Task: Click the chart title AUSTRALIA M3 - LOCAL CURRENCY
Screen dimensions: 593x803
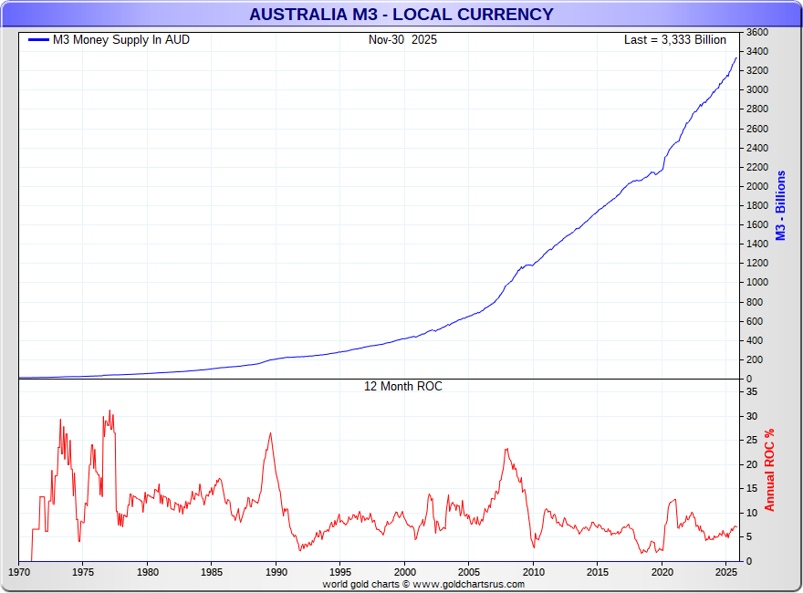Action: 401,15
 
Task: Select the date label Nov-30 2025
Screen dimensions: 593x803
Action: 402,40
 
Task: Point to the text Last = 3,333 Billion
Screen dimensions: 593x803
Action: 674,40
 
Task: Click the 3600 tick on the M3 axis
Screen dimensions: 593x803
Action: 756,32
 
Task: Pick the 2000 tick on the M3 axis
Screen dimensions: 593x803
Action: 756,186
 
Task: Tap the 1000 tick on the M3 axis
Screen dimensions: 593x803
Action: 756,283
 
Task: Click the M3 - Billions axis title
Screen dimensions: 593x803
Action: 780,205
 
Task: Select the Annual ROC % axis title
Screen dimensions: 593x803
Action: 769,469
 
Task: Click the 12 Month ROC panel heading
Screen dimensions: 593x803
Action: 402,387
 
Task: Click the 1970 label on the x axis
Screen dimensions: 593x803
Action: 19,572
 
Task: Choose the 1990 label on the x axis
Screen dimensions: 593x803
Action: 276,572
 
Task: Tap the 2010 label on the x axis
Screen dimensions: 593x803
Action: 533,572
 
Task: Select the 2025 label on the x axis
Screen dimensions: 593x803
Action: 725,572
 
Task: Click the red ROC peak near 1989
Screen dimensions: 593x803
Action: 270,433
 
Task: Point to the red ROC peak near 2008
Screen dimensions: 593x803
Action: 506,449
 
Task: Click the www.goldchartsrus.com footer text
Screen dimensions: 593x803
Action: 468,584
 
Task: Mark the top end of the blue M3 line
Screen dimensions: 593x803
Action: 736,58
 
